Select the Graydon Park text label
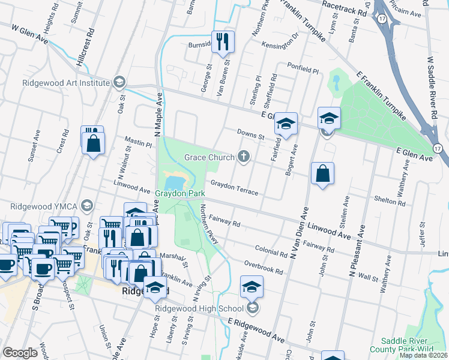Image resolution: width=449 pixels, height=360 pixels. (x=181, y=194)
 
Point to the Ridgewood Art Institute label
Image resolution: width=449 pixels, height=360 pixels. (x=66, y=83)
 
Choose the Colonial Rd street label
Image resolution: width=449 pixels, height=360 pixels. (x=270, y=250)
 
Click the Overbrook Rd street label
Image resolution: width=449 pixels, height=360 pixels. (x=263, y=267)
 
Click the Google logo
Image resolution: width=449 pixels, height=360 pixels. (x=20, y=353)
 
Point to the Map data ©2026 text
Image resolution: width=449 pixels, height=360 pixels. (x=424, y=355)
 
